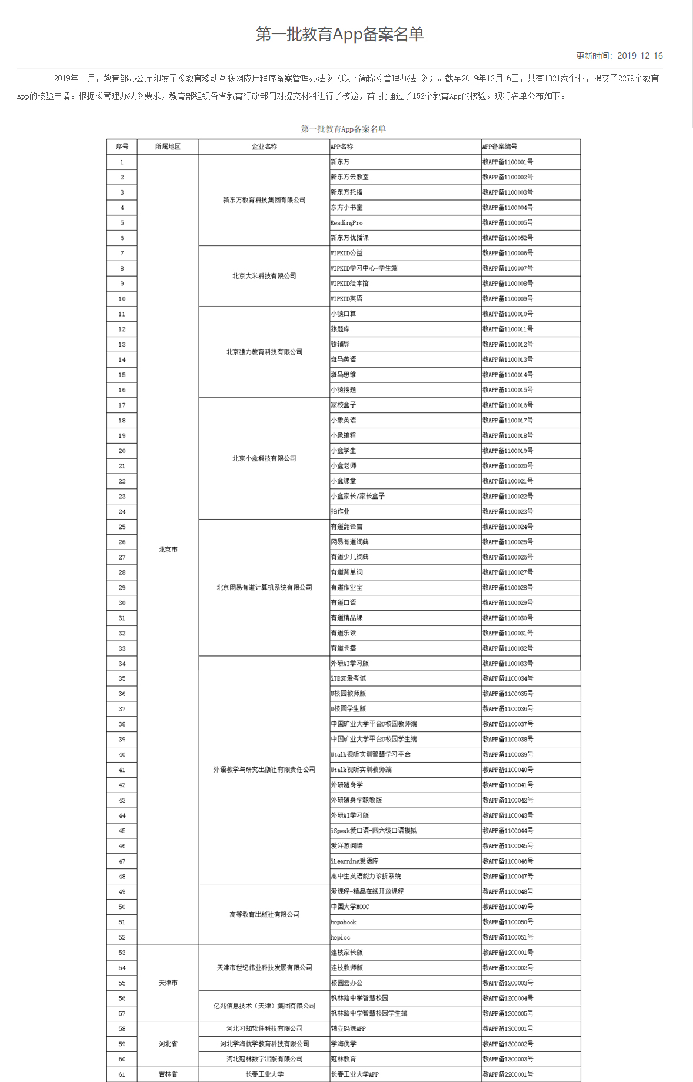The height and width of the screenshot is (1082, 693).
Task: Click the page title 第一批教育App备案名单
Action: [x=339, y=34]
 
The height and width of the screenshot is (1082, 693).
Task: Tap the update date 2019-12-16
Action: [x=639, y=56]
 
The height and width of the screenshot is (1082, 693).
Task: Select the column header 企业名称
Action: [x=264, y=147]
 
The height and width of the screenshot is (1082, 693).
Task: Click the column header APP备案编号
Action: [x=499, y=147]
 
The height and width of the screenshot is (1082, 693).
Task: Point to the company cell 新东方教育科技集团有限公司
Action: [x=264, y=200]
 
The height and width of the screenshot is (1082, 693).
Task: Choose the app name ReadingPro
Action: [x=346, y=223]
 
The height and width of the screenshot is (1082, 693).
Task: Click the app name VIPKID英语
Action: [x=346, y=299]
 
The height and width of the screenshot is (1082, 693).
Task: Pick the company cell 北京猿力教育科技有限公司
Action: [x=264, y=352]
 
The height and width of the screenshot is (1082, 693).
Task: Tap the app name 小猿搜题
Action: [x=344, y=390]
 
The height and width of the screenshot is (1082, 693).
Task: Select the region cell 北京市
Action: [x=168, y=550]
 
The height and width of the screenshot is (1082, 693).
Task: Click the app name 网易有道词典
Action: [x=349, y=542]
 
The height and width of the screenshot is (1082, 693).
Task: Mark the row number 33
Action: [x=122, y=648]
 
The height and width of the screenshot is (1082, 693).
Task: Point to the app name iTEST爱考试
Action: [x=348, y=678]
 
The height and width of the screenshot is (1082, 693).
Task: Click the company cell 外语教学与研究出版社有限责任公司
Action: [x=264, y=770]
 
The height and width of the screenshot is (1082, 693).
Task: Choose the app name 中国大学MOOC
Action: [x=350, y=907]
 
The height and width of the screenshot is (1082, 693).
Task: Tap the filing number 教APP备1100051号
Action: [x=508, y=937]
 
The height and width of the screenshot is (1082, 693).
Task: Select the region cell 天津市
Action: [x=168, y=983]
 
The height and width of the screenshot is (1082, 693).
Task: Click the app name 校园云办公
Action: [x=346, y=983]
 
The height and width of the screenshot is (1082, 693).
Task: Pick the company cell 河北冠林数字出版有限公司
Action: [x=264, y=1059]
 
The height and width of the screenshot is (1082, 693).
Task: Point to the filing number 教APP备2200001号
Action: [x=508, y=1074]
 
